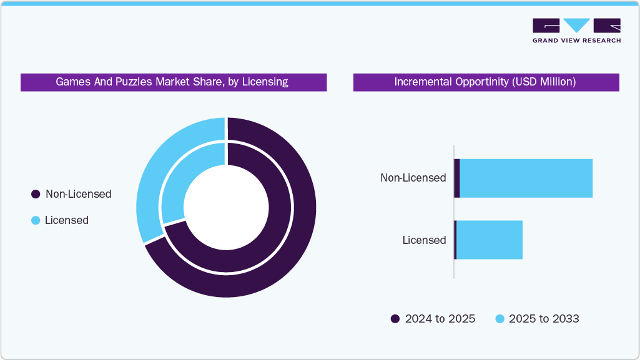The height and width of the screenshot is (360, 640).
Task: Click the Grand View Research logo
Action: click(x=576, y=31)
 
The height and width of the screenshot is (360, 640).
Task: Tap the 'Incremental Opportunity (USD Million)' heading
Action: click(x=485, y=82)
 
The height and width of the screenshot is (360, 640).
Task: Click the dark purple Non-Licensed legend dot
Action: click(x=36, y=194)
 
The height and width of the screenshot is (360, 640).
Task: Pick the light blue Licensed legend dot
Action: click(x=36, y=220)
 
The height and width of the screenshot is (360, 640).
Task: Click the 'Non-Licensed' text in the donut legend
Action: click(x=78, y=194)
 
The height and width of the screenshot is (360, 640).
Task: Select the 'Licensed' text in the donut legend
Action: click(x=67, y=220)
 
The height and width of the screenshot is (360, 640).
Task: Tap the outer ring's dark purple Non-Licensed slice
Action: click(x=275, y=250)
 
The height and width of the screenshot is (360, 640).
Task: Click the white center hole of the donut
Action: click(x=226, y=207)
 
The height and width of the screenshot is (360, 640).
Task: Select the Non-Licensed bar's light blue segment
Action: click(x=526, y=178)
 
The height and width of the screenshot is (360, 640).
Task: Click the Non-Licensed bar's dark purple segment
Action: click(x=457, y=178)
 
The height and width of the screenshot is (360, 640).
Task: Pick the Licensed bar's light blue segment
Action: click(x=490, y=240)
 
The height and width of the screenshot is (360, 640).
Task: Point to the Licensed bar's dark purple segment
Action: click(x=455, y=240)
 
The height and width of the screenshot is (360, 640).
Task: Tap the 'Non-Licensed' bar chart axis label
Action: click(x=413, y=178)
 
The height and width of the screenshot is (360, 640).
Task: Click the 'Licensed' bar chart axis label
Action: click(x=424, y=240)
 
